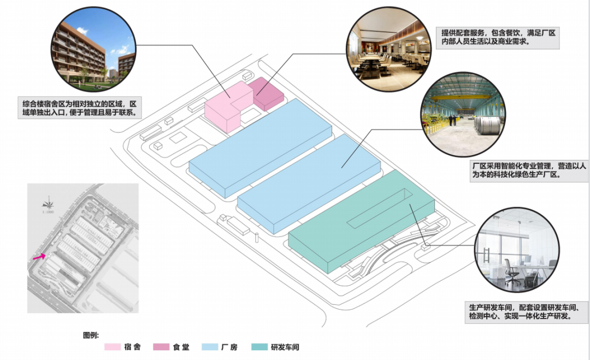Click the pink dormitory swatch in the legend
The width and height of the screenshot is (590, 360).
(x=113, y=347)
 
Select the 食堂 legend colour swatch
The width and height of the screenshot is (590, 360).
(x=162, y=347)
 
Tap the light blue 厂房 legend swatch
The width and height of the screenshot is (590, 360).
(x=210, y=347)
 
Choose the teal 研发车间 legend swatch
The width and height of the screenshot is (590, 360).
(x=259, y=347)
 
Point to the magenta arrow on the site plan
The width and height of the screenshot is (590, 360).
(x=38, y=256)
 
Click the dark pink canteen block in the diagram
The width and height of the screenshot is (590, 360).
(x=267, y=93)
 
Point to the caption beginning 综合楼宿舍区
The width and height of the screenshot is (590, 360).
(x=79, y=108)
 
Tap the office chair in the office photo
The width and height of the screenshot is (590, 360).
(x=511, y=273)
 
